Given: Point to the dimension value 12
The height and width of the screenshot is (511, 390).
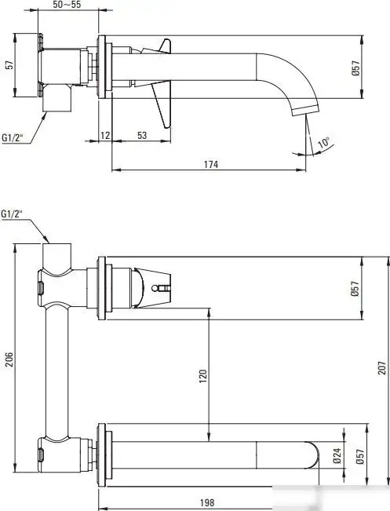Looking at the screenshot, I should pos(106,136).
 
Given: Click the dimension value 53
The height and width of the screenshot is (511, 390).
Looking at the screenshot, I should pos(141,136).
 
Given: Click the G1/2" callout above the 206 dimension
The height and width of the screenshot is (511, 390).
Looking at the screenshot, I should pos(13,214).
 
